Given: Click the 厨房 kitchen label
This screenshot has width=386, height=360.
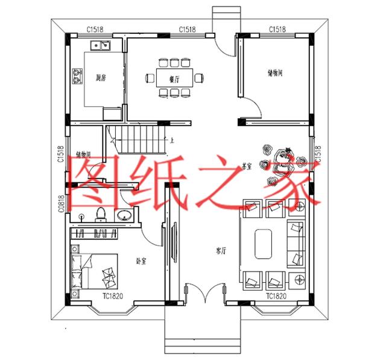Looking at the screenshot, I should click(101, 77).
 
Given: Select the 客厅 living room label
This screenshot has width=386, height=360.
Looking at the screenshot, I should click(221, 250).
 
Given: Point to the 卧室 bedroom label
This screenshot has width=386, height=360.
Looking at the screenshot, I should click(142, 261).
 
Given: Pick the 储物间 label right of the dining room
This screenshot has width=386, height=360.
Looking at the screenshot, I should click(277, 73).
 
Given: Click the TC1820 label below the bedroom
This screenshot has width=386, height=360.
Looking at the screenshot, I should click(113, 295).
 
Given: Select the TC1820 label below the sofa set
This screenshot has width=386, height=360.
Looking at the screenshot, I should click(276, 296).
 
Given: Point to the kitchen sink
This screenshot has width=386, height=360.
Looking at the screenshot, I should click(100, 45).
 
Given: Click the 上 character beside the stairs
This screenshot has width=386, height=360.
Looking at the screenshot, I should click(172, 141).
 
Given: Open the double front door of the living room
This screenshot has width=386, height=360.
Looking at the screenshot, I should click(205, 294).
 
